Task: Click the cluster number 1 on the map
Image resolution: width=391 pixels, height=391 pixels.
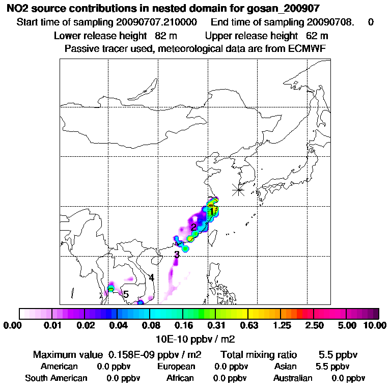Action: [x=211, y=211]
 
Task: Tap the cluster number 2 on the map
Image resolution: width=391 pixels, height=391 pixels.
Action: [x=193, y=227]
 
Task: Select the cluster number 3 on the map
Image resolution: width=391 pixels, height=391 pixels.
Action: [x=176, y=255]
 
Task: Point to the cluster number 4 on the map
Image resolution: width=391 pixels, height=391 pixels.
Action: [x=151, y=278]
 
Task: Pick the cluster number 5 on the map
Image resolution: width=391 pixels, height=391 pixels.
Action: [x=126, y=295]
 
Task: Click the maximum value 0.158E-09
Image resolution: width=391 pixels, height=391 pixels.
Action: [x=133, y=354]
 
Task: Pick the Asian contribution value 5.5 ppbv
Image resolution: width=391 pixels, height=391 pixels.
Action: [x=332, y=367]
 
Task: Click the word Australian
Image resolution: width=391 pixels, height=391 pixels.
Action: [x=293, y=378]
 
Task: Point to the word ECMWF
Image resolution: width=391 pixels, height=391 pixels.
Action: [x=306, y=48]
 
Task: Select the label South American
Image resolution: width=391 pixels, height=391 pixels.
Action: [x=56, y=378]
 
